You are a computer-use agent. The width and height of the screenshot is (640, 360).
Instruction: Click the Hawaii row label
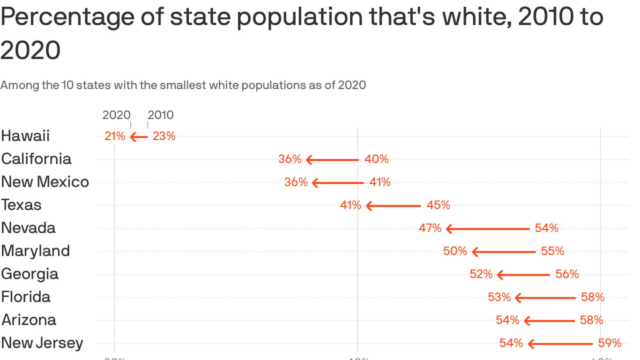coord(25,136)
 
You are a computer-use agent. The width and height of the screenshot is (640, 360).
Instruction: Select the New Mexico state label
coord(45,182)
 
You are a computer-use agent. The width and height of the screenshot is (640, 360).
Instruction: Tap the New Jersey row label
coord(42,343)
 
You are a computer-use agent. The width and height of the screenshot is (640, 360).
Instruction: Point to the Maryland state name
coord(36,251)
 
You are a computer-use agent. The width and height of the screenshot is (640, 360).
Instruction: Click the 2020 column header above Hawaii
coord(116,115)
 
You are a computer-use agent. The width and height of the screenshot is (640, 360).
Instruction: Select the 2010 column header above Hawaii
coord(161,115)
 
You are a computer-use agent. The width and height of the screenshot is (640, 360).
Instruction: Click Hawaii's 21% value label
coord(115,136)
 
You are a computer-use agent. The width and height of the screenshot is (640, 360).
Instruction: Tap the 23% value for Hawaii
coord(164,136)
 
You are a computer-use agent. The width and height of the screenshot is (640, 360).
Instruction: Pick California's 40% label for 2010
coord(377,159)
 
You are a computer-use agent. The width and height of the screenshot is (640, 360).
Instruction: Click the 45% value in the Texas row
coord(438,205)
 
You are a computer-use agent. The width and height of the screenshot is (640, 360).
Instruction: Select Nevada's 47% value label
coord(430,228)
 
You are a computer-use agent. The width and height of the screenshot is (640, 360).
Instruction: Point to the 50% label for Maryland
coord(455,251)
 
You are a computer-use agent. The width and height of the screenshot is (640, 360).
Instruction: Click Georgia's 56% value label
coord(567,274)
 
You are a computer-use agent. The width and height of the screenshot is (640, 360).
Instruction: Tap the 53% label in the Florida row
coord(499,297)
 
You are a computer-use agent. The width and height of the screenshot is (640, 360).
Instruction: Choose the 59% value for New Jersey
coord(610,343)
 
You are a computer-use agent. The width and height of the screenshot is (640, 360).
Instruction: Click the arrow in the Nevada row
coord(488,229)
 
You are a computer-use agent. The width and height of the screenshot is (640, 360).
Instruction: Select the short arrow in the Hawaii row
coord(139,137)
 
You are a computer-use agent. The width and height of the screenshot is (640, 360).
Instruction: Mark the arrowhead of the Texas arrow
coord(369,206)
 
